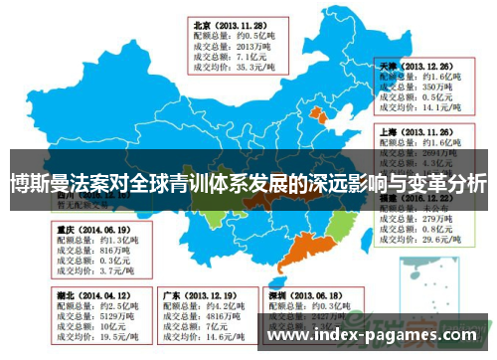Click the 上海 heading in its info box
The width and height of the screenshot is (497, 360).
391,129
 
